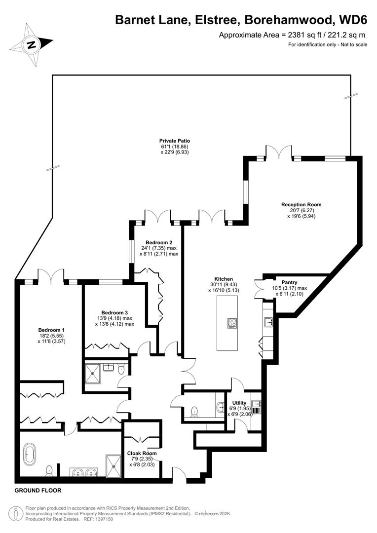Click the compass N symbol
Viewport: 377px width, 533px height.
tap(32, 45)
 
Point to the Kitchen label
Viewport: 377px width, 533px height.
tap(224, 279)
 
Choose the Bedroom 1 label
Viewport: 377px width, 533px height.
tap(52, 330)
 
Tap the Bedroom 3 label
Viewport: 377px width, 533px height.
tap(114, 312)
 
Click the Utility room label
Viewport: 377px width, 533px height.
tap(239, 403)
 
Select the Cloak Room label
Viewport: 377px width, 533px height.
tap(142, 453)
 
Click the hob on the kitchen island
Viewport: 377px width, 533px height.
tap(232, 323)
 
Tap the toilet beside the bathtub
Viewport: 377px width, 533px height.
tap(49, 471)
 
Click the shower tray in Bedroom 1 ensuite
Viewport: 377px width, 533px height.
tap(113, 466)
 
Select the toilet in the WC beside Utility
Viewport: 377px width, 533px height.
tap(194, 411)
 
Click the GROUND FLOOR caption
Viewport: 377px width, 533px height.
tap(38, 491)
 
